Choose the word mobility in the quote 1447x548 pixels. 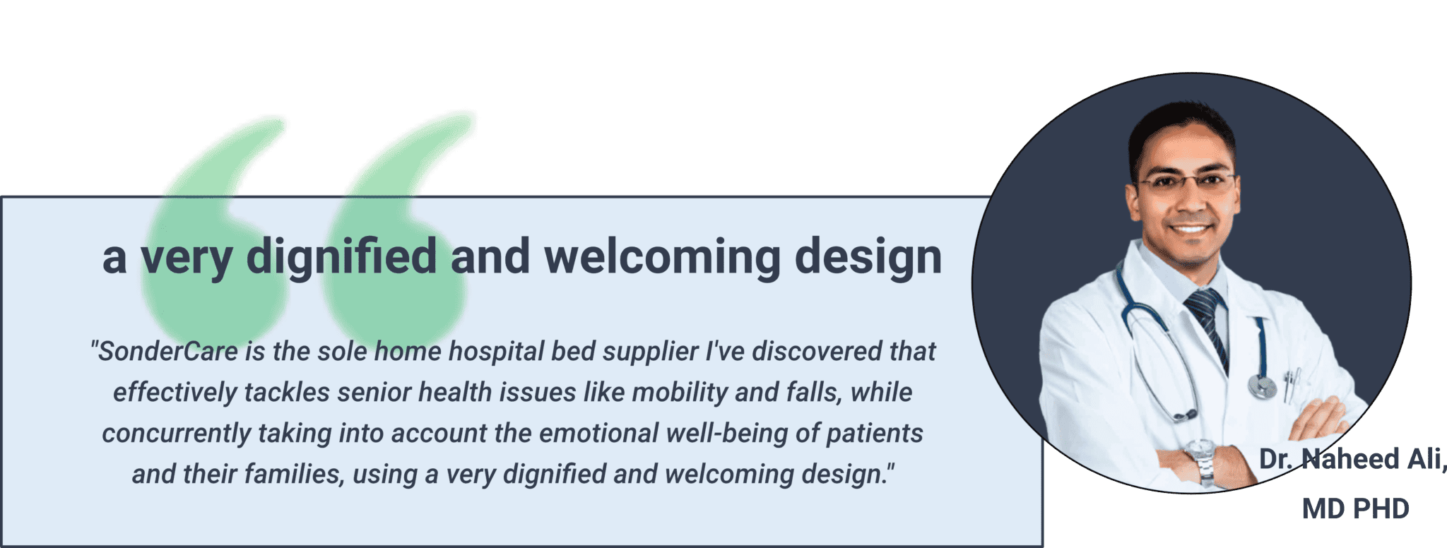tap(679, 392)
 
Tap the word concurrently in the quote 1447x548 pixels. tap(176, 434)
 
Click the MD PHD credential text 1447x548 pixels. tap(1355, 508)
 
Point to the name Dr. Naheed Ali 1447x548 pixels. tap(1351, 460)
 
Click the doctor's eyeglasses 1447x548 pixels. tap(1185, 183)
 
